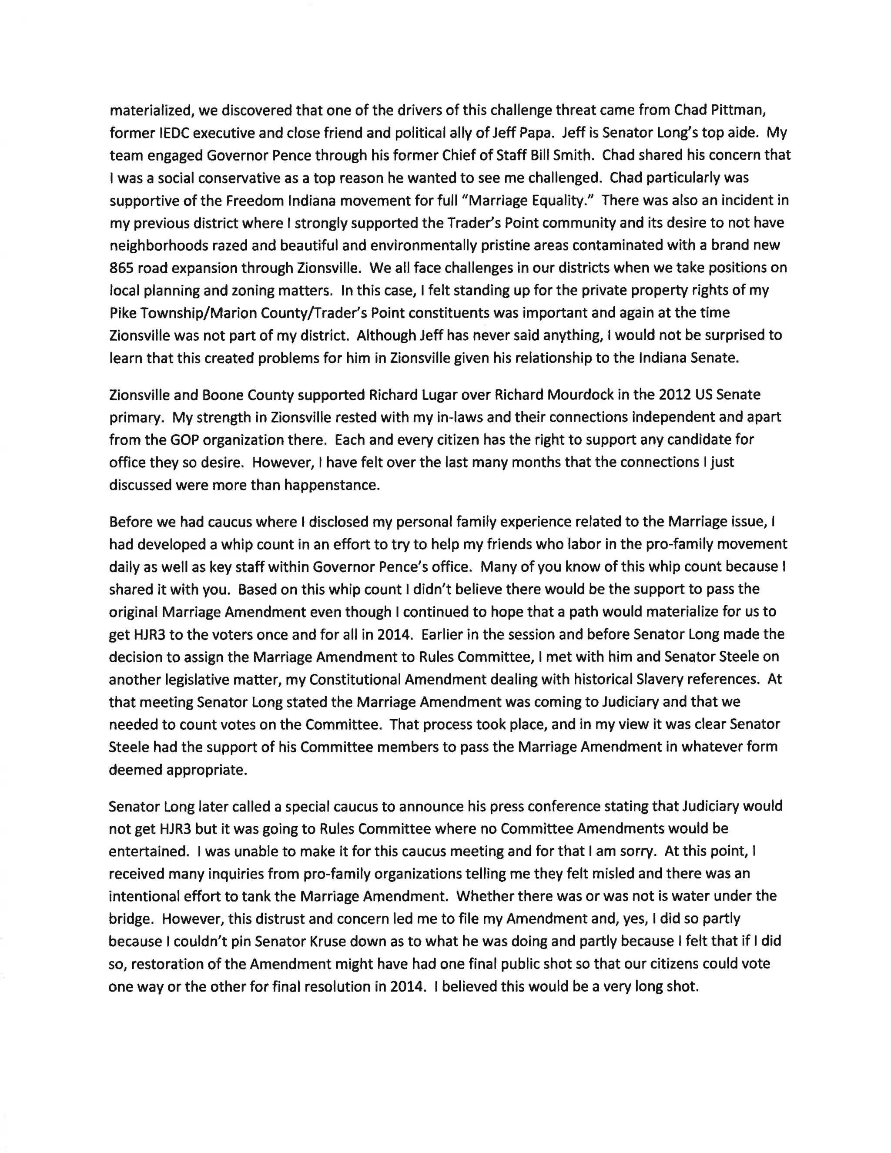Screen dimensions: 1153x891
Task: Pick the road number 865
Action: pyautogui.click(x=121, y=268)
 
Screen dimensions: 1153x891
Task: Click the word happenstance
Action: pyautogui.click(x=332, y=485)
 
